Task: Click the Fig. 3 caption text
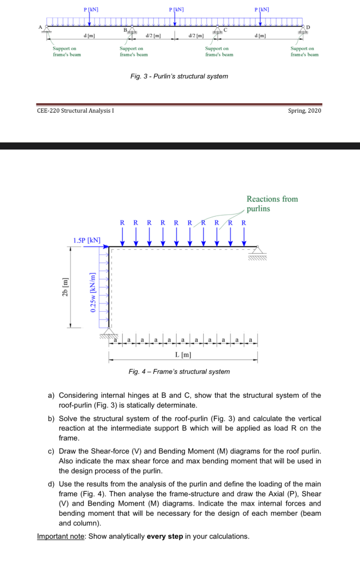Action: tap(179, 76)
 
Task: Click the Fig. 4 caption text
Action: tap(179, 371)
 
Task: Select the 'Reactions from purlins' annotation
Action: tap(272, 203)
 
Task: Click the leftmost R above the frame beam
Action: tap(122, 223)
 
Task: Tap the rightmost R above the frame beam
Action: tap(243, 223)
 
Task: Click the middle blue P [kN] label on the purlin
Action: tap(177, 9)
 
